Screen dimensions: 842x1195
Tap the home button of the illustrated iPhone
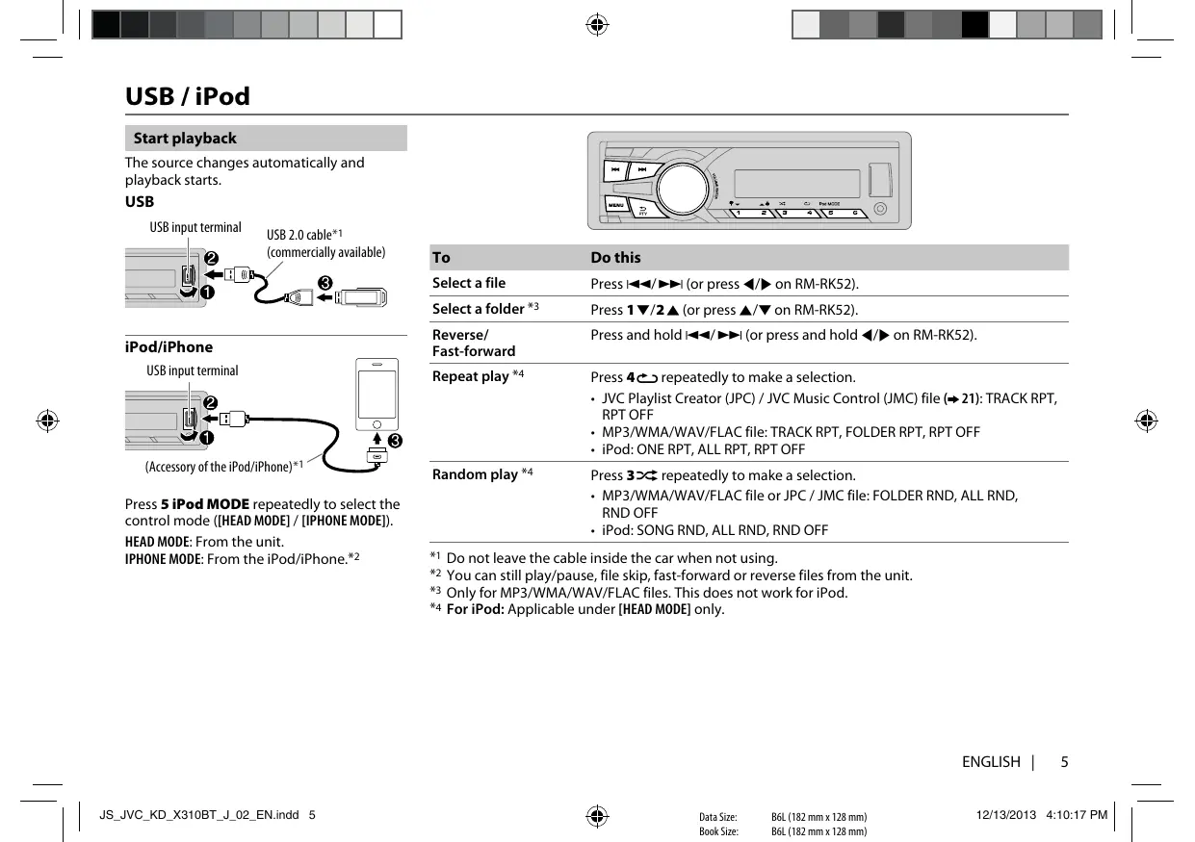[377, 423]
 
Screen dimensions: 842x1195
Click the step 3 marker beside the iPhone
[396, 442]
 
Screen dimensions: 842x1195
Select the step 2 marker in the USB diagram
[211, 259]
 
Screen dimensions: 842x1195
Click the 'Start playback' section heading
[185, 139]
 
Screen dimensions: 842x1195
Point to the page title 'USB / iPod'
[188, 96]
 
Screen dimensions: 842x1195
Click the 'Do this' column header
[615, 258]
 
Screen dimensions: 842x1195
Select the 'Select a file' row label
[469, 283]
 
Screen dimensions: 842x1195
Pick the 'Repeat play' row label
[471, 376]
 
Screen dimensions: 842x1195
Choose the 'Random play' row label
[476, 474]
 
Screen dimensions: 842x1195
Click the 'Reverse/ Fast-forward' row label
[474, 343]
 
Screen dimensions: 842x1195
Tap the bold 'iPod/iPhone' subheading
[169, 347]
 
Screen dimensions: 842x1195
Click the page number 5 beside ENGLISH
[1064, 762]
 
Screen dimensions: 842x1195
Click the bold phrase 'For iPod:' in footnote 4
[476, 608]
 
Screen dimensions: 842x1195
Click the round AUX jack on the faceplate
[880, 210]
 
